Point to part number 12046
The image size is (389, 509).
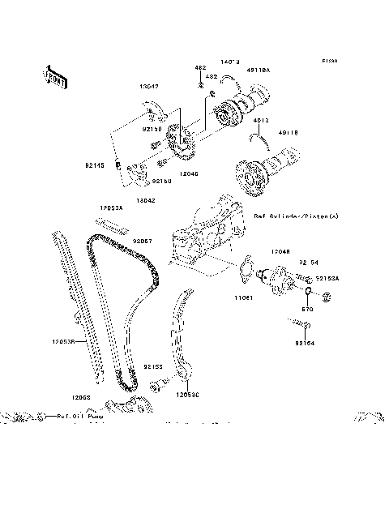[189, 173]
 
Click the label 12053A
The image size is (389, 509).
[111, 207]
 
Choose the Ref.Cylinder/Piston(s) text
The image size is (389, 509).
[295, 216]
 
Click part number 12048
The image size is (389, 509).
[280, 252]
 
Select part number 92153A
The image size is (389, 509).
[327, 278]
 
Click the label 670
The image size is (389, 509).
[307, 309]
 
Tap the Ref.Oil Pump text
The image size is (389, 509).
[81, 417]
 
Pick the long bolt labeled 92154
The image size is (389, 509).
[297, 326]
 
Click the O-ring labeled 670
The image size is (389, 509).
[310, 289]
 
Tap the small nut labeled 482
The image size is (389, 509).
[199, 83]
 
